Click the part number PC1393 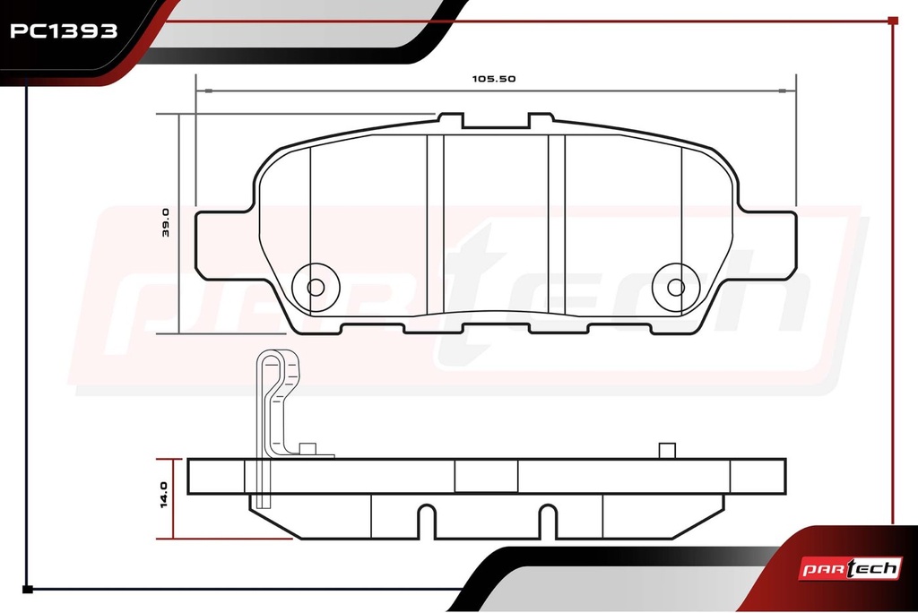point(64,31)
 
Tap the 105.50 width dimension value point(494,79)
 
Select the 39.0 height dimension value point(165,222)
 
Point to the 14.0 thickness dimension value point(164,495)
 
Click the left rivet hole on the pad point(316,288)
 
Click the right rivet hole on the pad point(676,288)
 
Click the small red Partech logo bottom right point(850,568)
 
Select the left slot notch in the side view point(427,521)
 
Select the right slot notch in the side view point(548,521)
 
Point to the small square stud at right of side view point(667,451)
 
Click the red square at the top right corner point(893,21)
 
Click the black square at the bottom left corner point(27,589)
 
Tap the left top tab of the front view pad point(451,121)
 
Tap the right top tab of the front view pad point(541,121)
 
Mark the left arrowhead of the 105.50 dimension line point(204,91)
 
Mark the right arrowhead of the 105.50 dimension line point(788,91)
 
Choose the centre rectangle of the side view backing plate point(487,476)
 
